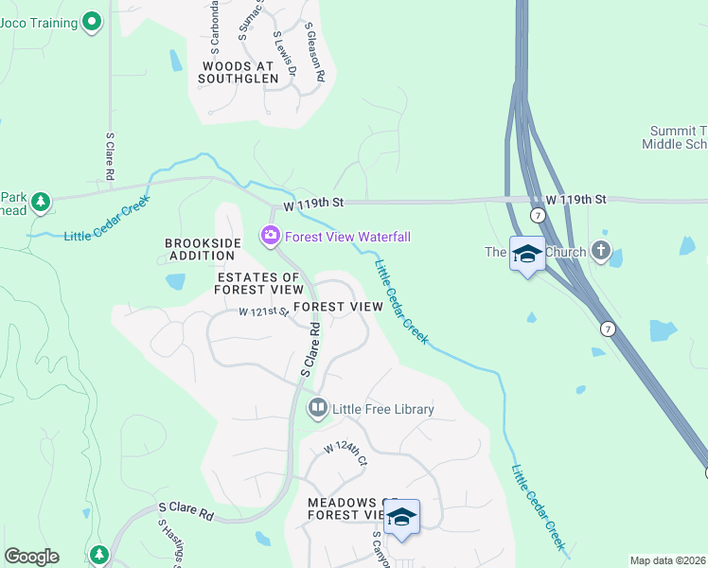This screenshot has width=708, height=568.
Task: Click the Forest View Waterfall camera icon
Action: (270, 236)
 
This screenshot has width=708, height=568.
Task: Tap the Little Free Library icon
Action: (317, 409)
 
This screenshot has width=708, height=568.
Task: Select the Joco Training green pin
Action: (91, 20)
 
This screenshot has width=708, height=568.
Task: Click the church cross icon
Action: (600, 251)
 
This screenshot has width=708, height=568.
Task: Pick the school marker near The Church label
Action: (527, 254)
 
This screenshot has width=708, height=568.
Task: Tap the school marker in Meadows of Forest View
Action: (402, 517)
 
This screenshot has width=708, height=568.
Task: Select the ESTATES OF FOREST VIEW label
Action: (258, 284)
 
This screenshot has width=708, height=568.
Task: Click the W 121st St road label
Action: (263, 311)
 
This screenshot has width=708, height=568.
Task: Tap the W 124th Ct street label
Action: (345, 453)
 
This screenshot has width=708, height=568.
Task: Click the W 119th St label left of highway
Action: (311, 204)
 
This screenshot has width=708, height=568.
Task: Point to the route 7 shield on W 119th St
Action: (538, 216)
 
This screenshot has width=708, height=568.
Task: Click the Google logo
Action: (31, 557)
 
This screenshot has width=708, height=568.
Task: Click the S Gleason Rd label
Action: (316, 51)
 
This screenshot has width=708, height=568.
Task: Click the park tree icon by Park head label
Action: (40, 201)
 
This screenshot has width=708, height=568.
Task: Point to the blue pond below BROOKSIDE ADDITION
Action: (175, 281)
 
